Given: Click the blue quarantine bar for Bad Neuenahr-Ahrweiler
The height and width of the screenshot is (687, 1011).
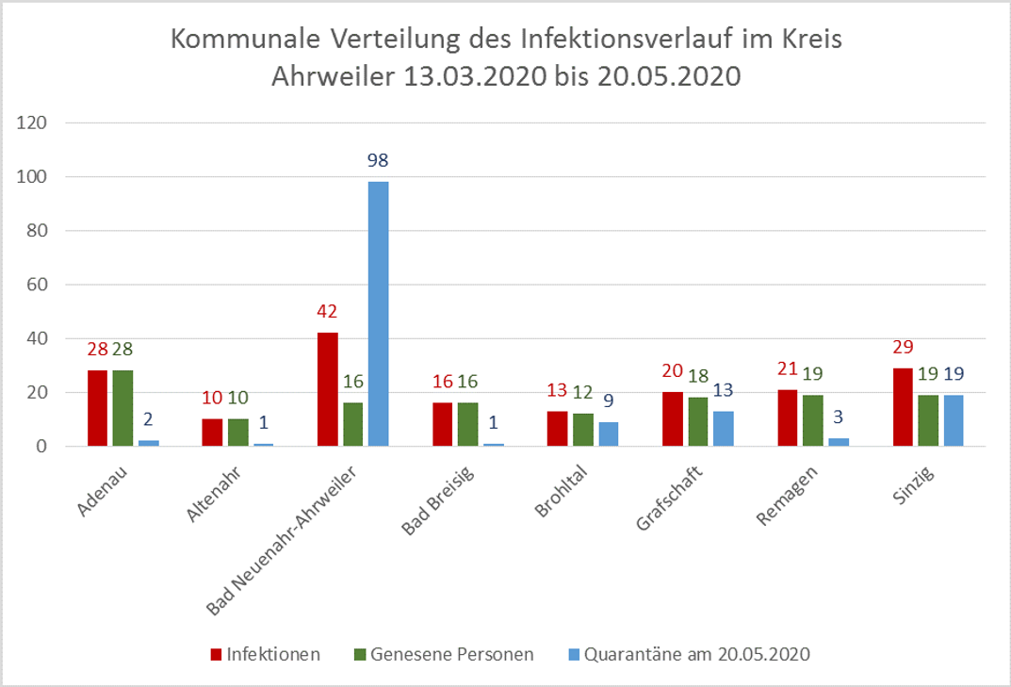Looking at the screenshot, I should (378, 314).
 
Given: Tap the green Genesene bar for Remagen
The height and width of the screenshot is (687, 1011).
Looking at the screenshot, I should (812, 420).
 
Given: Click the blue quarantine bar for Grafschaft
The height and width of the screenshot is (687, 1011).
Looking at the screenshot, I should (723, 429).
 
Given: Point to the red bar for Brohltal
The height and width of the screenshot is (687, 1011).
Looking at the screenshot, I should (558, 429).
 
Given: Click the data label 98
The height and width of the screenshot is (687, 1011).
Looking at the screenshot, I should (378, 160).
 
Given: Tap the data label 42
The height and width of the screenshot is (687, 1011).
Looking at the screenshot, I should (327, 312).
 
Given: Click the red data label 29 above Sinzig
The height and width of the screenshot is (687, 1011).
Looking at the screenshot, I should (902, 347).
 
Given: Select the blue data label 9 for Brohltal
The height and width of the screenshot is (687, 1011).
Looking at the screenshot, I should (609, 401).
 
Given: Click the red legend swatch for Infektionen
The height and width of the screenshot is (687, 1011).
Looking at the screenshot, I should (216, 654).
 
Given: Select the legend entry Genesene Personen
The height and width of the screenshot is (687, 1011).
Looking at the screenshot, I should (452, 654).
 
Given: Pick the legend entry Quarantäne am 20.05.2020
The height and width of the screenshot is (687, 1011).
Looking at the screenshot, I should (697, 654).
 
